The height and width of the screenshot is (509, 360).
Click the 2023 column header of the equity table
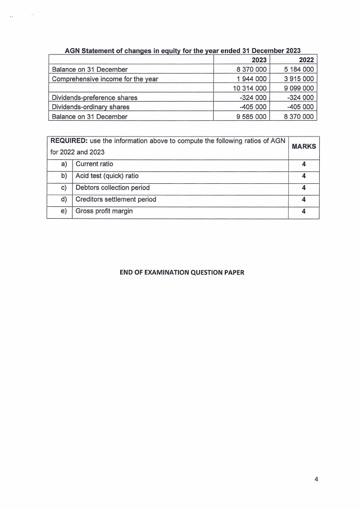click(x=258, y=60)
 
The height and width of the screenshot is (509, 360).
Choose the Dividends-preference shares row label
click(x=95, y=98)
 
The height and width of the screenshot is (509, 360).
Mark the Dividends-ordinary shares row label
click(x=91, y=107)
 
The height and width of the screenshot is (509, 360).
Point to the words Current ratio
click(x=94, y=164)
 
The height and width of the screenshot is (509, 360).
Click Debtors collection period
click(x=112, y=187)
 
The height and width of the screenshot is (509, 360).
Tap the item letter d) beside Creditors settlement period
click(x=63, y=199)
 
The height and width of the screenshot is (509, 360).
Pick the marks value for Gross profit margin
click(x=303, y=211)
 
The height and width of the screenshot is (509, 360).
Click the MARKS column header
click(x=303, y=147)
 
